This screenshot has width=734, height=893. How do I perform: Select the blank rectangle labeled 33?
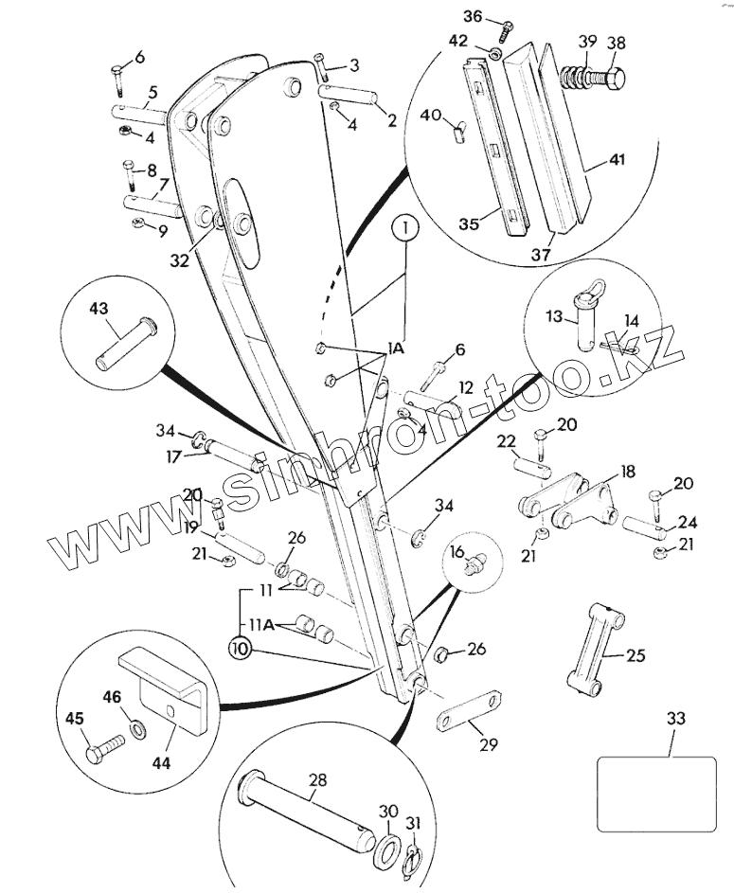656,794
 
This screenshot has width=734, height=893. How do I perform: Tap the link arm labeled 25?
596,648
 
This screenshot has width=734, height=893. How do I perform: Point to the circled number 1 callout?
404,228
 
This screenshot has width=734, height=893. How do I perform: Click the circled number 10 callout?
242,650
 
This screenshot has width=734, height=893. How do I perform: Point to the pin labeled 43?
126,345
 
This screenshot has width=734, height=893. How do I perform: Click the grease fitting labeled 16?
473,563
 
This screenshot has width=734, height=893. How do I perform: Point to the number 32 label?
179,260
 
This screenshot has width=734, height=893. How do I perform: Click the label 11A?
262,625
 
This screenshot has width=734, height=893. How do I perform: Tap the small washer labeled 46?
138,728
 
